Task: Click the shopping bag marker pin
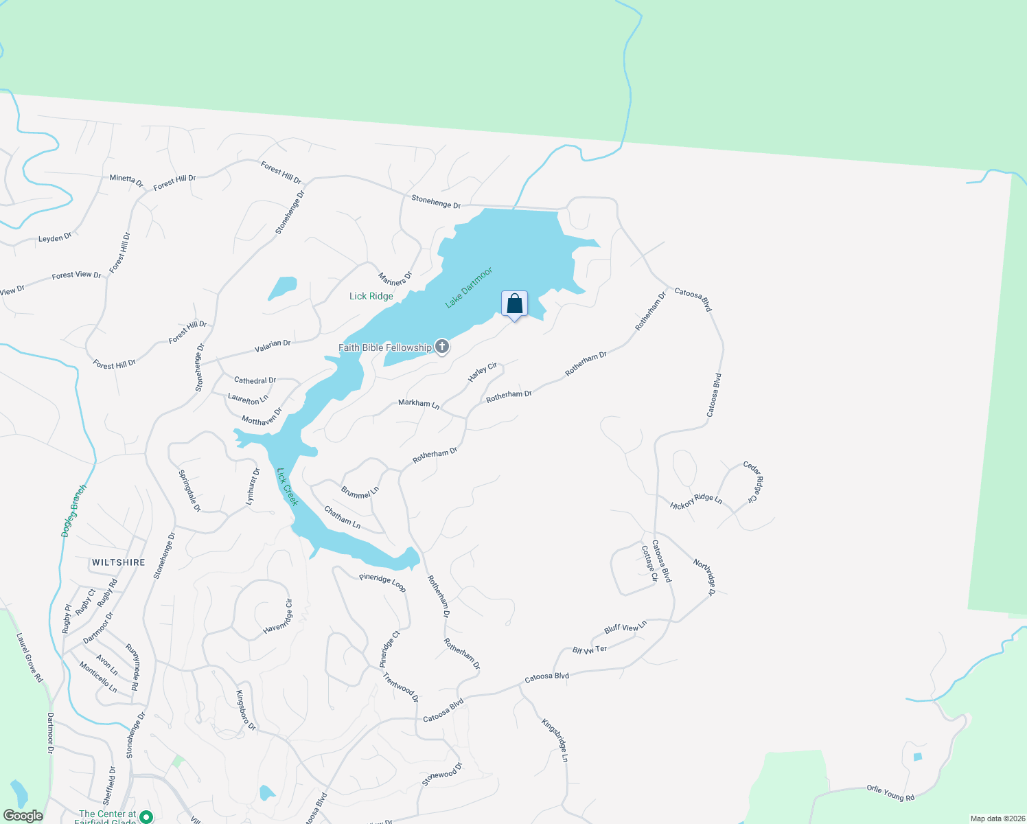click(x=515, y=304)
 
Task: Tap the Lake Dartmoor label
click(x=469, y=288)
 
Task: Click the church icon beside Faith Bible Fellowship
click(x=442, y=347)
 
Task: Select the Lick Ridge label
click(x=371, y=296)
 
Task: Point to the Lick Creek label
click(x=287, y=487)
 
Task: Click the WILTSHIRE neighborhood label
click(x=119, y=562)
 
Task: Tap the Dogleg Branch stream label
click(x=74, y=511)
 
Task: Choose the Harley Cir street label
click(x=483, y=373)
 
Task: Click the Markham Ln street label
click(x=419, y=404)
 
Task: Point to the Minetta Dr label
click(x=126, y=181)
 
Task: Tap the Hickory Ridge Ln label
click(x=696, y=501)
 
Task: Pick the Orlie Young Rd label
click(x=890, y=793)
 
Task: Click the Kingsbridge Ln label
click(x=555, y=740)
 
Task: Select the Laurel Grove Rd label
click(x=30, y=658)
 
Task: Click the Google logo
click(x=23, y=816)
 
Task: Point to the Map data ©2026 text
click(x=996, y=819)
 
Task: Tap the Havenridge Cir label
click(x=278, y=617)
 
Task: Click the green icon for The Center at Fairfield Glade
click(x=146, y=817)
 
